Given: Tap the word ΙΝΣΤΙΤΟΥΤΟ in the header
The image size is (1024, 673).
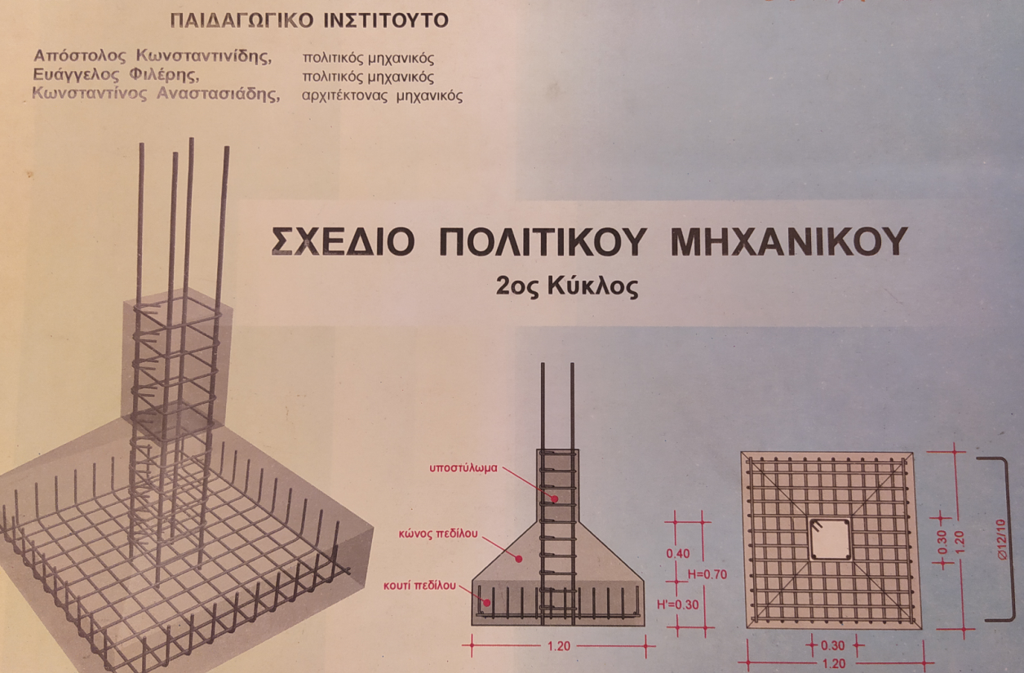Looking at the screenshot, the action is [x=386, y=20].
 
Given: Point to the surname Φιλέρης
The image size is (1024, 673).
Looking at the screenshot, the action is [x=164, y=75].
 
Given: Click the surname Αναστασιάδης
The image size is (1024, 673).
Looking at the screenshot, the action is [x=219, y=94].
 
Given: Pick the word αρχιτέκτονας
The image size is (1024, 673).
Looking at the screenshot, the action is [x=345, y=96].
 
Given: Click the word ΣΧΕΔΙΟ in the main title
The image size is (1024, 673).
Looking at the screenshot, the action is [x=343, y=241].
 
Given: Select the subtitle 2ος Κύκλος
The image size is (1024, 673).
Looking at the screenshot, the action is [x=567, y=286].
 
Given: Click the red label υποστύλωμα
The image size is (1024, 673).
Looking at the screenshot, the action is [x=463, y=468].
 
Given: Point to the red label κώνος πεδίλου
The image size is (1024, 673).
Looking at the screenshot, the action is [x=438, y=534].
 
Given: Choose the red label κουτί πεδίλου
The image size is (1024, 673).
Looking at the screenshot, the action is [x=419, y=586].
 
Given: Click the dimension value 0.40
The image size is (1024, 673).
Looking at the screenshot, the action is [x=677, y=554].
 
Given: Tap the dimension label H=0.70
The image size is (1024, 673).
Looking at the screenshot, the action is [x=707, y=574].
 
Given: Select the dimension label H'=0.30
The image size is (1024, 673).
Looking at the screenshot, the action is [x=677, y=604].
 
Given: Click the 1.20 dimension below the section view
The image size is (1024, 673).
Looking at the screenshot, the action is [x=559, y=646].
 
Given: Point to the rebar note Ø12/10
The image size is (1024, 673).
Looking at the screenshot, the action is [x=1001, y=539].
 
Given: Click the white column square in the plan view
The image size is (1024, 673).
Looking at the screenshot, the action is [x=830, y=539].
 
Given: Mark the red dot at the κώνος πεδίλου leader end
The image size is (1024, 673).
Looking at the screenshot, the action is [x=519, y=559].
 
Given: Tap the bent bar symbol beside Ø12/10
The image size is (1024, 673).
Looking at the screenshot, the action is [x=1007, y=539].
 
